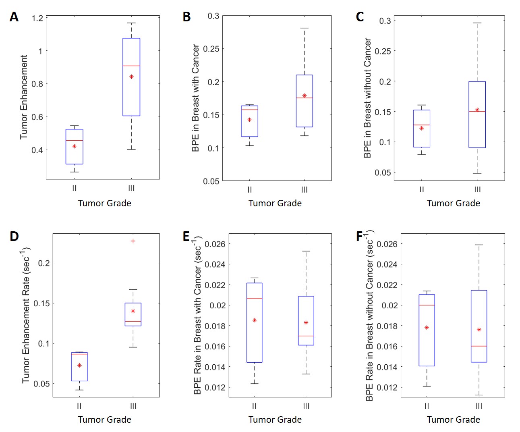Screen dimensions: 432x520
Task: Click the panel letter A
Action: pyautogui.click(x=14, y=17)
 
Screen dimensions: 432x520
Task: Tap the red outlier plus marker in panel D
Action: pyautogui.click(x=133, y=241)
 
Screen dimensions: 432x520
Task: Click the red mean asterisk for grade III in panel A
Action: pyautogui.click(x=131, y=77)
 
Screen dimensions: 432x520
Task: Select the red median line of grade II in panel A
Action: pyautogui.click(x=75, y=140)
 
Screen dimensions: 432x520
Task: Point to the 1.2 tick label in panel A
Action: pyautogui.click(x=37, y=18)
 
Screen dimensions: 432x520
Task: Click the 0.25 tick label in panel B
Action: pyautogui.click(x=211, y=49)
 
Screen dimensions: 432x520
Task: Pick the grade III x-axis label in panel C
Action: pyautogui.click(x=477, y=189)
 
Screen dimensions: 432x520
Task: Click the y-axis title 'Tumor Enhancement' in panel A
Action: pyautogui.click(x=24, y=97)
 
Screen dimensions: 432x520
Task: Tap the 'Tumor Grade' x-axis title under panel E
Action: pyautogui.click(x=275, y=420)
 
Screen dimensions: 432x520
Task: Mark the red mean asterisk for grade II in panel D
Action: pyautogui.click(x=79, y=366)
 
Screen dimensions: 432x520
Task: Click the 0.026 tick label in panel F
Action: pyautogui.click(x=387, y=244)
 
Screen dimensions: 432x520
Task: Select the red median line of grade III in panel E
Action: pyautogui.click(x=306, y=336)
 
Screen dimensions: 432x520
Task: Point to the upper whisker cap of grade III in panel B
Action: pyautogui.click(x=305, y=28)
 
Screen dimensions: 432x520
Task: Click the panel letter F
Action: pyautogui.click(x=359, y=236)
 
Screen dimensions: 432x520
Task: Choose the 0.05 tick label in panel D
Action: pyautogui.click(x=41, y=384)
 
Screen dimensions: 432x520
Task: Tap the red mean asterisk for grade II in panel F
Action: pyautogui.click(x=427, y=328)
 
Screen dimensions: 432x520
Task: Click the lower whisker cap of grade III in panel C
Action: pyautogui.click(x=477, y=173)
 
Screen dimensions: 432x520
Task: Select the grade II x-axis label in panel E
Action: pyautogui.click(x=254, y=406)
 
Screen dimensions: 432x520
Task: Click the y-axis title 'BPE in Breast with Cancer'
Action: pyautogui.click(x=195, y=98)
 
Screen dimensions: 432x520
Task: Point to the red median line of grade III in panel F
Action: pyautogui.click(x=479, y=346)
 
